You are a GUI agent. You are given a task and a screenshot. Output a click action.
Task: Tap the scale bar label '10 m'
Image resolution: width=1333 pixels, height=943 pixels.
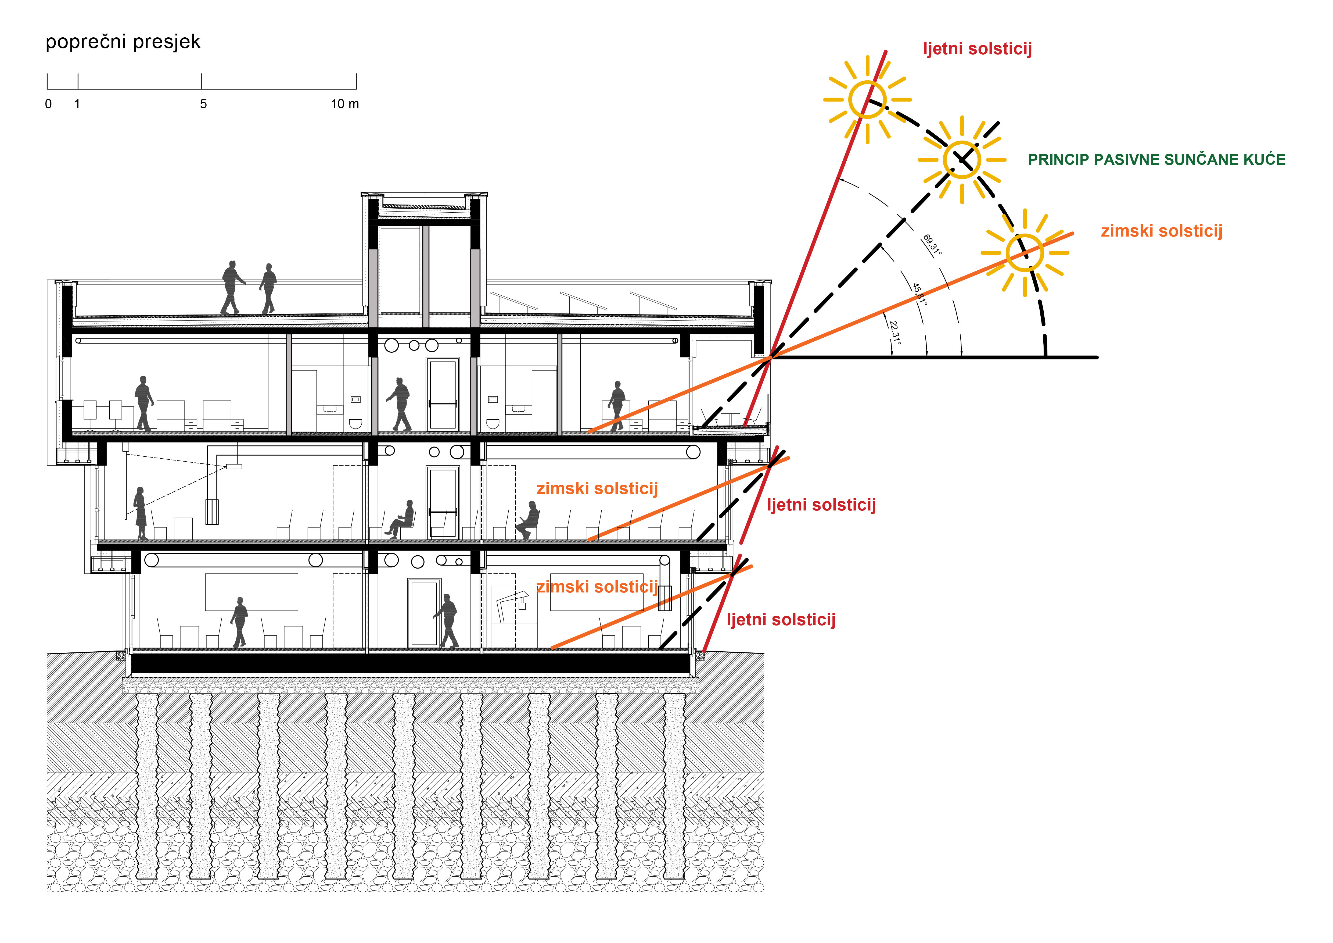[345, 105]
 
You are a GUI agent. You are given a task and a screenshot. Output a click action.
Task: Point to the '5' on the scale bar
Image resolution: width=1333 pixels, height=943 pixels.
[203, 105]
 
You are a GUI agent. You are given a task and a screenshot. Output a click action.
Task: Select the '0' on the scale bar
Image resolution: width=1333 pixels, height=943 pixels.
[48, 105]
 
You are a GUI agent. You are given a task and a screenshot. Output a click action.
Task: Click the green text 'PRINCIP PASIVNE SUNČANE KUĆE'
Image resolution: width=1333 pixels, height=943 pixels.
[1156, 160]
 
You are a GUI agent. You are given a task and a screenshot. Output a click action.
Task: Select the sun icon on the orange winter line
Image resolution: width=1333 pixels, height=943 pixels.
[1025, 253]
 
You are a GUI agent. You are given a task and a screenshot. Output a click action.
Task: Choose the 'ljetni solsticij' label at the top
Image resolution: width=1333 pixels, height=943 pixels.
[977, 49]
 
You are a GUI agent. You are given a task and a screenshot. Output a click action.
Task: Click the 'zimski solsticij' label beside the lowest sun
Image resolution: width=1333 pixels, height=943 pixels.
[1161, 231]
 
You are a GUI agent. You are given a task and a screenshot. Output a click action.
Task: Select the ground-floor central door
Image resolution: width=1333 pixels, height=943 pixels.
[423, 613]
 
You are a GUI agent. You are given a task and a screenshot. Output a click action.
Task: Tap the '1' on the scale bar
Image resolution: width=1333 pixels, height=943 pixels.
[77, 105]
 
